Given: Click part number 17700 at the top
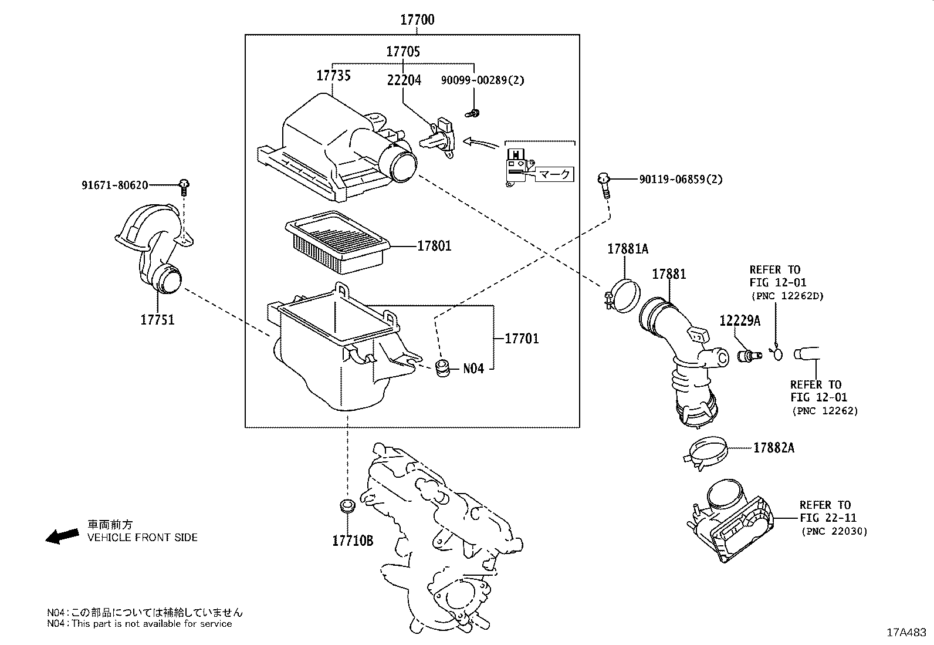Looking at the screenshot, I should (x=417, y=20).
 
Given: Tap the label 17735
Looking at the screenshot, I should (x=333, y=75).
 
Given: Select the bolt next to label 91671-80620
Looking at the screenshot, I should (x=184, y=186).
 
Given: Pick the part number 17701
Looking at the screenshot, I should (x=522, y=339).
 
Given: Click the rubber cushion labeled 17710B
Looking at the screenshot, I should (x=348, y=506).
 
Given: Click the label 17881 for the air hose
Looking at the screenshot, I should (x=669, y=274).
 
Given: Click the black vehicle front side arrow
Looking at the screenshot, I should (x=62, y=535).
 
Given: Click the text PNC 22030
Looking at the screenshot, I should (x=834, y=531).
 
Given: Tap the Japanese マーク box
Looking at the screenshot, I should (x=554, y=174).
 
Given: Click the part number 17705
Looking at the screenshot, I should (x=402, y=52).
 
